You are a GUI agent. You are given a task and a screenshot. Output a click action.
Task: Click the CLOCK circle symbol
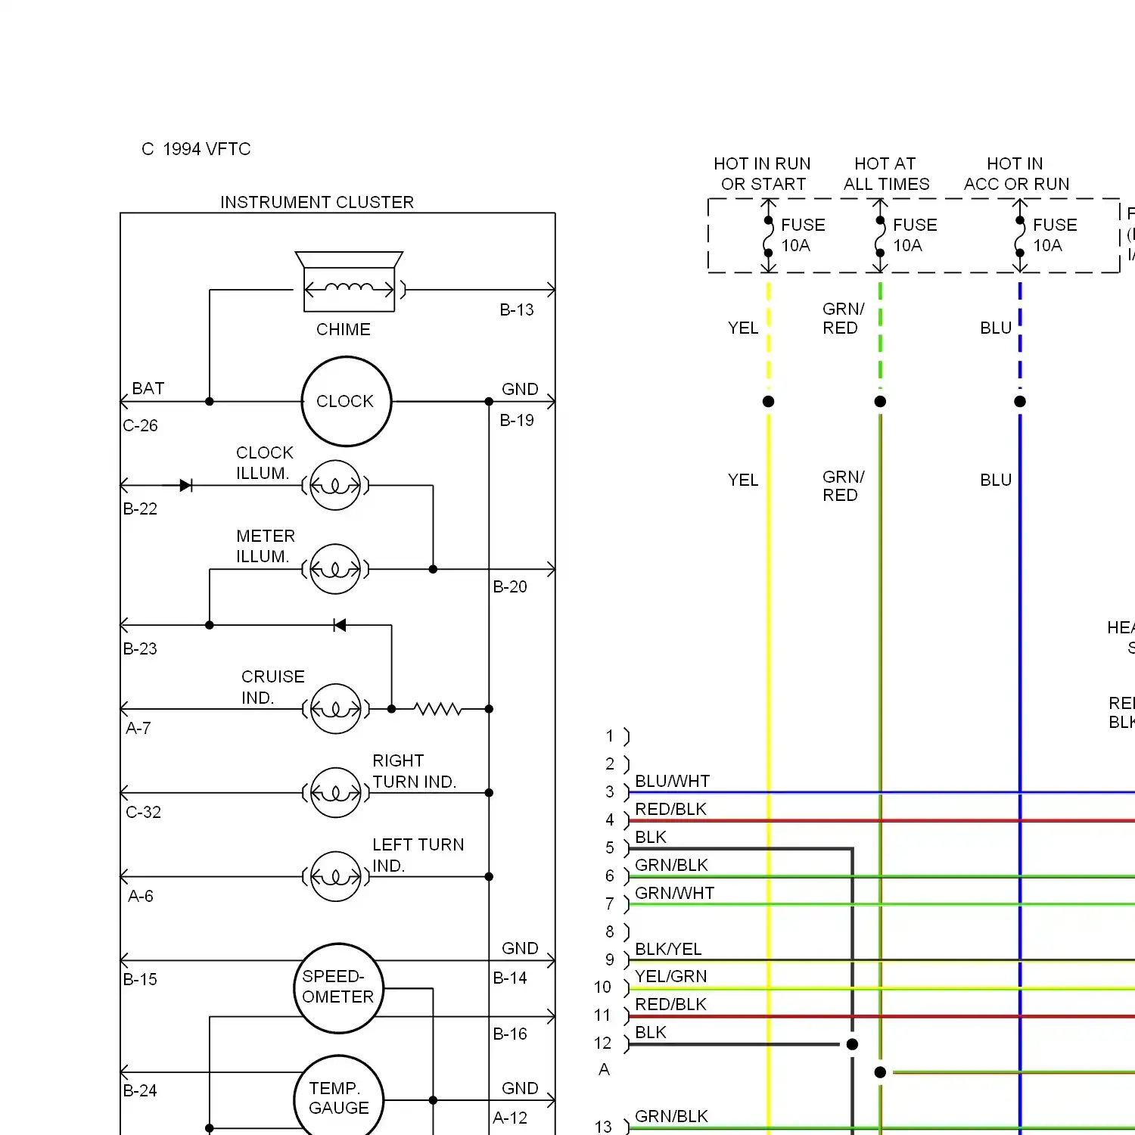click(346, 401)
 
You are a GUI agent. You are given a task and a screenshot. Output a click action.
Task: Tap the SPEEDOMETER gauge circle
click(338, 987)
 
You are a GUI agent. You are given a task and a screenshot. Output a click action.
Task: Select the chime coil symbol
click(349, 289)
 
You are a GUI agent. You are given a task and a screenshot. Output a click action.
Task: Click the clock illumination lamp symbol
click(335, 485)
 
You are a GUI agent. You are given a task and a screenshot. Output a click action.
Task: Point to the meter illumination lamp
click(335, 569)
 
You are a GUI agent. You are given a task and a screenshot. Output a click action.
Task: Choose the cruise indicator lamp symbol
click(335, 709)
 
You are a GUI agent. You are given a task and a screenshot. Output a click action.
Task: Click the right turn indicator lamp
click(335, 793)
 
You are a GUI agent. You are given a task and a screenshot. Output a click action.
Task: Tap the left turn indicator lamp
click(335, 876)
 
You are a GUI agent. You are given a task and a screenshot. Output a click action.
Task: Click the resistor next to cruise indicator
click(437, 709)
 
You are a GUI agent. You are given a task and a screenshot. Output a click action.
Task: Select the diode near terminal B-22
click(185, 485)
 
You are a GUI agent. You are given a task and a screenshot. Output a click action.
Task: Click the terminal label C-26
click(140, 425)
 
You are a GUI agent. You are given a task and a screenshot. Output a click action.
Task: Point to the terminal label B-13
click(516, 309)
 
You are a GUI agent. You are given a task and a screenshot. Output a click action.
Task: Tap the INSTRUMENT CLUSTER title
click(317, 202)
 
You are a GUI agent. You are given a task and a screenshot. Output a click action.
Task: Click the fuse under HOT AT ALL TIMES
click(880, 235)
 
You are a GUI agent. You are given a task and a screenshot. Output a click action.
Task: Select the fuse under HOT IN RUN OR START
click(768, 235)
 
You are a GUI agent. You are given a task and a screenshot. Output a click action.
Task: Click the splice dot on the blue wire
click(1020, 401)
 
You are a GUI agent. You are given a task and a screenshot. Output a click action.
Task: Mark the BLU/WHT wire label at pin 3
click(672, 781)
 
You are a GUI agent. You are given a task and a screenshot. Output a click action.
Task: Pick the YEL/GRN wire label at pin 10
click(670, 976)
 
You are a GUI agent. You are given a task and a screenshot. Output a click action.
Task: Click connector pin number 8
click(610, 931)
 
